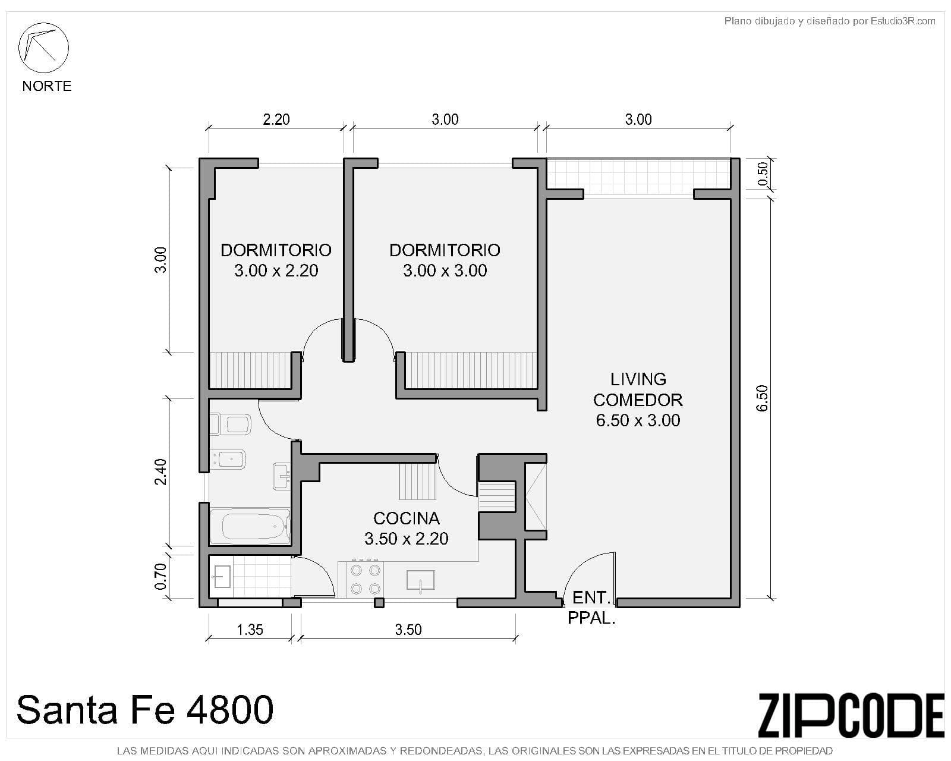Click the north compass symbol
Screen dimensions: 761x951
43,48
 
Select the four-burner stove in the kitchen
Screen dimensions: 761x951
365,579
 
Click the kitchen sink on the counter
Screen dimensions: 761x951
420,580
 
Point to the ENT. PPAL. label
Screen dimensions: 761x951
591,607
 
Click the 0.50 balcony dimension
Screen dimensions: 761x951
764,174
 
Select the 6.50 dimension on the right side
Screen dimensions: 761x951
763,398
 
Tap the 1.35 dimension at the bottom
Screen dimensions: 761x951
250,629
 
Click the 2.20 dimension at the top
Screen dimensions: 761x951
276,120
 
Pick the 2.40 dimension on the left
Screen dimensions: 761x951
160,471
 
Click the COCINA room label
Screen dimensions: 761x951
406,518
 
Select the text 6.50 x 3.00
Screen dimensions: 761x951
638,420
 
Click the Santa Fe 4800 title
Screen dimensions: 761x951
145,709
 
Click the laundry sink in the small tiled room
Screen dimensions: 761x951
222,577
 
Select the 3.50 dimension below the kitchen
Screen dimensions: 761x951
408,629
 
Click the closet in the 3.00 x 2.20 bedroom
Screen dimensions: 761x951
250,370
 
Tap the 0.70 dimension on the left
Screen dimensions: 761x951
160,577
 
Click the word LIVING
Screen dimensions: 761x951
638,379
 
